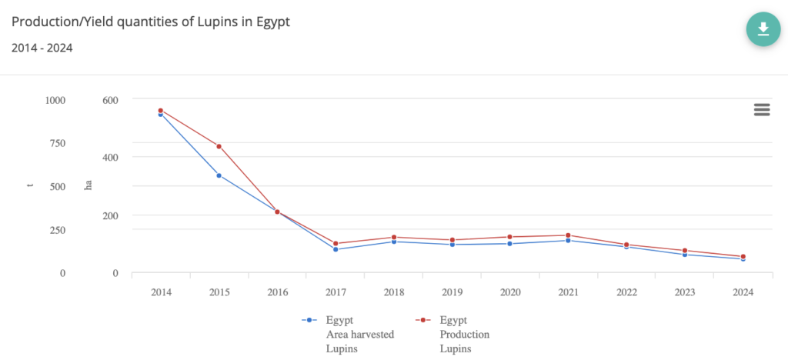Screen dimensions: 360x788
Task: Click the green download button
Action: [763, 29]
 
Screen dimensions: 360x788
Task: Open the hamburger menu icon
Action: [762, 109]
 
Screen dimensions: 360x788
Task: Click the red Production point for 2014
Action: [161, 110]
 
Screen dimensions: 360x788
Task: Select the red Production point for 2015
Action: [219, 146]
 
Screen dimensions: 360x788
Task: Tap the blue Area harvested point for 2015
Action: [219, 175]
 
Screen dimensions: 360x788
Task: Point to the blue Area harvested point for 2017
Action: [336, 249]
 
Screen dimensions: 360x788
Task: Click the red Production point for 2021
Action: [568, 235]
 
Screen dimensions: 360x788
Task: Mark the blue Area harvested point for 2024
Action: [743, 259]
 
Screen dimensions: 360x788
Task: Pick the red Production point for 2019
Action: [452, 240]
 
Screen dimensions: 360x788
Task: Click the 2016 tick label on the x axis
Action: [277, 292]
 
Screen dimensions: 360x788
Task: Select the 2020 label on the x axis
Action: [509, 292]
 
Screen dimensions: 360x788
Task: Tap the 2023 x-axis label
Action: [684, 292]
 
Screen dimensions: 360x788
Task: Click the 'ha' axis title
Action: [88, 185]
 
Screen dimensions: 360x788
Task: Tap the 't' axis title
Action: [30, 185]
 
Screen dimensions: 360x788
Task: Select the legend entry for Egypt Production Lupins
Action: [455, 334]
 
